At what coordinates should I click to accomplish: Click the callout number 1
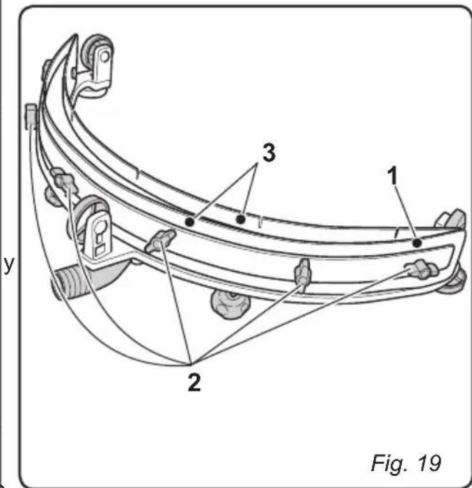(395, 176)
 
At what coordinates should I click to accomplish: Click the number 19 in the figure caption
(425, 462)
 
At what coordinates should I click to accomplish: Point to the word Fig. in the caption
(388, 462)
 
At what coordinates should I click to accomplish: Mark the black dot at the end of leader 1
(416, 243)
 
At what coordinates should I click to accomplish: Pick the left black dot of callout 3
(189, 220)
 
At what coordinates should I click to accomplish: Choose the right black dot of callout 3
(239, 219)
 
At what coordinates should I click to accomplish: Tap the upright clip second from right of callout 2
(303, 272)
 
